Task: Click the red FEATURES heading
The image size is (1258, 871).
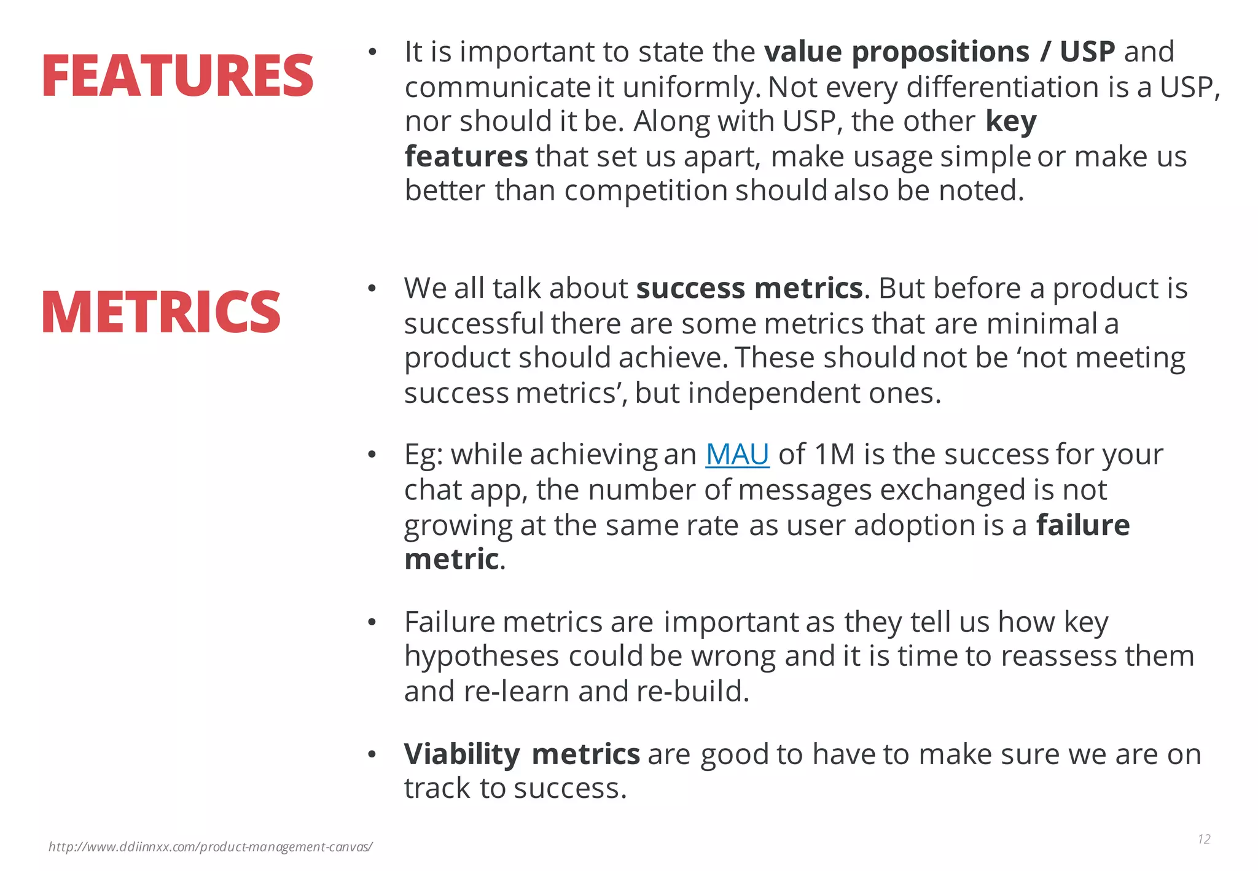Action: pos(178,76)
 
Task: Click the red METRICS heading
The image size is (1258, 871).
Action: pos(161,312)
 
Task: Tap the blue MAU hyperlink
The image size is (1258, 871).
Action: pos(736,455)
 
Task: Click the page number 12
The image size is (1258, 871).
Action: pos(1203,839)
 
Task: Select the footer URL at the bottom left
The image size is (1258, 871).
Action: pos(210,847)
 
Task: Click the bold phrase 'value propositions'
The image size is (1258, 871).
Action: pos(896,52)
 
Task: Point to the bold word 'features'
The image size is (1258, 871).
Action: pos(466,156)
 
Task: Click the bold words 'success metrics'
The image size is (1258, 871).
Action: pos(749,288)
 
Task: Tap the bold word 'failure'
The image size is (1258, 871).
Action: pos(1082,525)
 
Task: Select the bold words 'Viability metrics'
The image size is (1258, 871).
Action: pos(522,754)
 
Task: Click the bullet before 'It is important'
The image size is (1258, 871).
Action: pos(371,52)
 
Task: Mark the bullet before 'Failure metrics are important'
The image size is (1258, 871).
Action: pos(371,623)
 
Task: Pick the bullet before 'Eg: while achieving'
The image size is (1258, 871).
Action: pos(371,455)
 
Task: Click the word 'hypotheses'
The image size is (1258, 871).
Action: pos(481,656)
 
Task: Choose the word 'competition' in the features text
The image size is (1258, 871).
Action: pos(645,190)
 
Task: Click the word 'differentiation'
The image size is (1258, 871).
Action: pos(1003,87)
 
